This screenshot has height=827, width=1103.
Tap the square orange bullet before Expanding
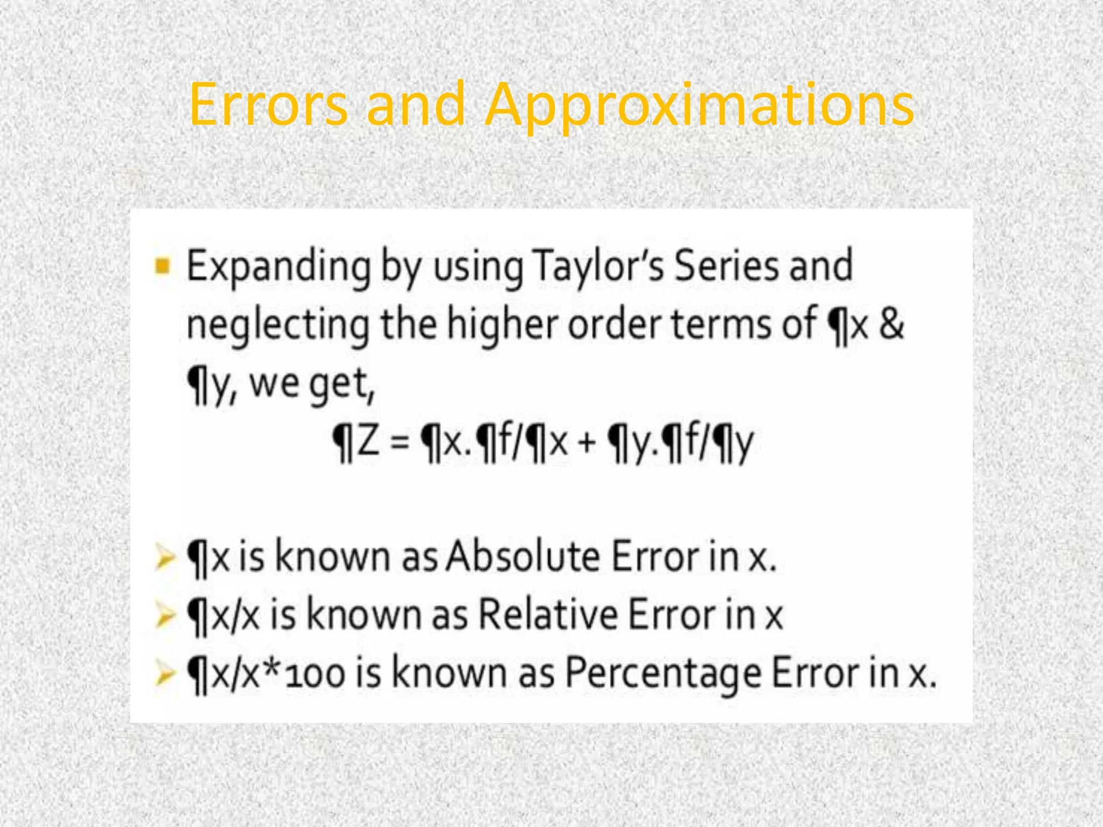(162, 266)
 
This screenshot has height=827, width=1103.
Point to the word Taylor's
(597, 267)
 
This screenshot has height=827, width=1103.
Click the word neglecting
(278, 326)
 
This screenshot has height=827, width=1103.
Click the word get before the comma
(339, 384)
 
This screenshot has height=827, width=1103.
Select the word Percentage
(663, 674)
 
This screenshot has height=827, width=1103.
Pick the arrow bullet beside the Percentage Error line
(164, 674)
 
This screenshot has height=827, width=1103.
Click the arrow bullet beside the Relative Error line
(164, 615)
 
